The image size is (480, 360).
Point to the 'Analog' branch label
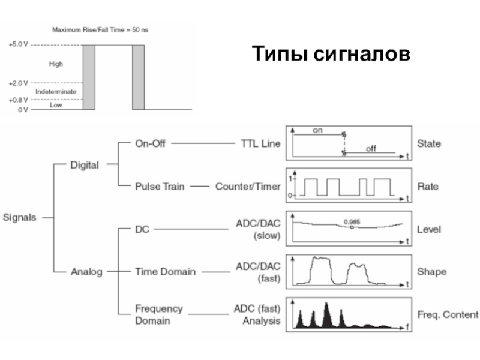(87, 272)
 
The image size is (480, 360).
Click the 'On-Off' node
(150, 143)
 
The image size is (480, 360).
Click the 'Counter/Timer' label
(248, 187)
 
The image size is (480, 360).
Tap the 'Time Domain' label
(165, 272)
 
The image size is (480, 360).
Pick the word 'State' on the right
(429, 143)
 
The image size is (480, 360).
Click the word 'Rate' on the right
(428, 187)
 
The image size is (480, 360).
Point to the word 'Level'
(429, 229)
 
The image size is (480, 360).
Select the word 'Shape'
(432, 272)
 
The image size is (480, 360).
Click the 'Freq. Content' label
(448, 314)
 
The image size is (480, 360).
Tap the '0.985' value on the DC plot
(352, 222)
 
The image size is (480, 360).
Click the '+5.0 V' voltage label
(18, 44)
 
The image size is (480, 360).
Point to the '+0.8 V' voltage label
(18, 100)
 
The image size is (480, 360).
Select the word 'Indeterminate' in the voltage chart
(56, 91)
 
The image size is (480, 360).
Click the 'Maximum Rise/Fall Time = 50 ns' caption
(100, 29)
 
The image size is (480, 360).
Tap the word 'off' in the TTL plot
(371, 148)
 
